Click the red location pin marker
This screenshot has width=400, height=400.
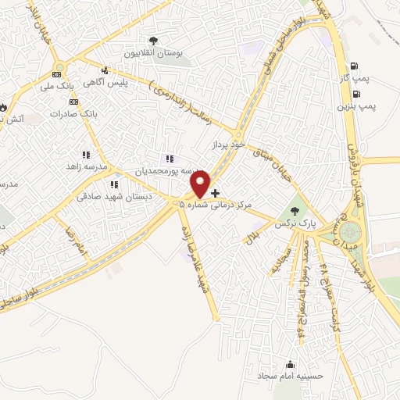[x=201, y=184]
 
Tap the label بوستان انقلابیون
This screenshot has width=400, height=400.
[x=157, y=53]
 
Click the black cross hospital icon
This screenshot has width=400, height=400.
[x=216, y=192]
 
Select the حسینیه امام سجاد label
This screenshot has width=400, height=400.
[x=291, y=376]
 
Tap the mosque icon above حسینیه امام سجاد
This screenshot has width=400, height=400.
[x=291, y=363]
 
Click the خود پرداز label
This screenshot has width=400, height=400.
[x=228, y=145]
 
